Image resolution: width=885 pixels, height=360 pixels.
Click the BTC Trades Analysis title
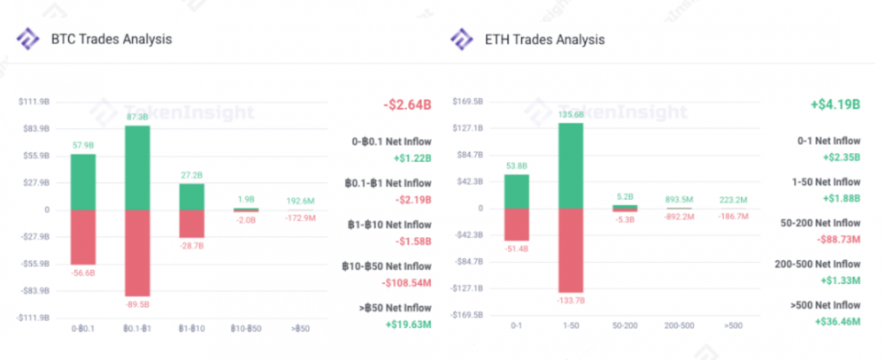point(110,39)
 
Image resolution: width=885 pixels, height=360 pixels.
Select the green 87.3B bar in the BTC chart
point(137,167)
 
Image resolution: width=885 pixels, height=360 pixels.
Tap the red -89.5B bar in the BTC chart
point(137,252)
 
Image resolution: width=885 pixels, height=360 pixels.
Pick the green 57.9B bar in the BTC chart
point(83,181)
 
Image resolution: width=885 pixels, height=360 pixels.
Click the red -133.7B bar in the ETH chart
point(571,249)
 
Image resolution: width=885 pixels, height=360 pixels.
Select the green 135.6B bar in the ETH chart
point(571,165)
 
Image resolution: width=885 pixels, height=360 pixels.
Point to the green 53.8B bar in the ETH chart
point(517,191)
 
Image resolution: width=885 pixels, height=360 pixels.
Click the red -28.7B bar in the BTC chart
point(191,223)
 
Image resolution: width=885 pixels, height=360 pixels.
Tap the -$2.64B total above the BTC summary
point(408,104)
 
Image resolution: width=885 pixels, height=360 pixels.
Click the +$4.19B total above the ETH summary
point(835,104)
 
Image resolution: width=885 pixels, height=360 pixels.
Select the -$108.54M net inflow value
point(407,283)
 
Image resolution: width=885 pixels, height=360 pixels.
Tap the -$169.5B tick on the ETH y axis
point(467,315)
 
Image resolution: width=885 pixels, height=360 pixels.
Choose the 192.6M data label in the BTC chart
point(301,201)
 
